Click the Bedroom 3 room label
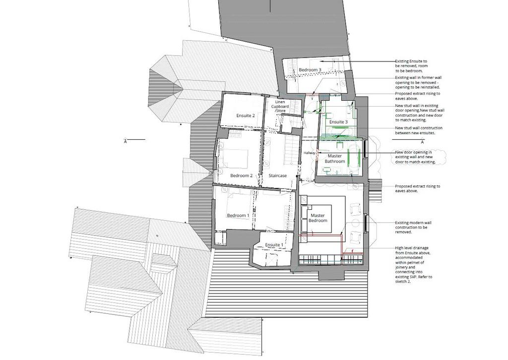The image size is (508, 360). (x=310, y=70)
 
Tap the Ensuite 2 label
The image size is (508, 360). (x=246, y=116)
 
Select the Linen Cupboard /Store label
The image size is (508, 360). (x=280, y=107)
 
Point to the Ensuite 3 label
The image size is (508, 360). (x=338, y=122)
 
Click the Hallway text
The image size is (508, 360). (x=310, y=153)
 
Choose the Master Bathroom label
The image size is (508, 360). (x=335, y=159)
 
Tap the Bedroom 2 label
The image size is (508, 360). (x=242, y=176)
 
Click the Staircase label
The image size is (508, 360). (x=278, y=176)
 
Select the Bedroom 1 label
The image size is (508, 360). (x=238, y=216)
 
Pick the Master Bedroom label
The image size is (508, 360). (x=318, y=218)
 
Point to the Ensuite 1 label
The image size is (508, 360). (x=274, y=245)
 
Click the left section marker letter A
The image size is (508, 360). (x=126, y=141)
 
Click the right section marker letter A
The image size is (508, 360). (x=422, y=142)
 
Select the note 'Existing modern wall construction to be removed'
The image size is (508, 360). (x=413, y=227)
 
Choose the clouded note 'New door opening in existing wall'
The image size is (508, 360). (x=415, y=157)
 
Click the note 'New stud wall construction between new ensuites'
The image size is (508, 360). (x=419, y=130)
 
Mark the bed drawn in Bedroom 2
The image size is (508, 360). (x=234, y=159)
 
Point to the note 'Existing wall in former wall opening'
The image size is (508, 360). (x=418, y=82)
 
